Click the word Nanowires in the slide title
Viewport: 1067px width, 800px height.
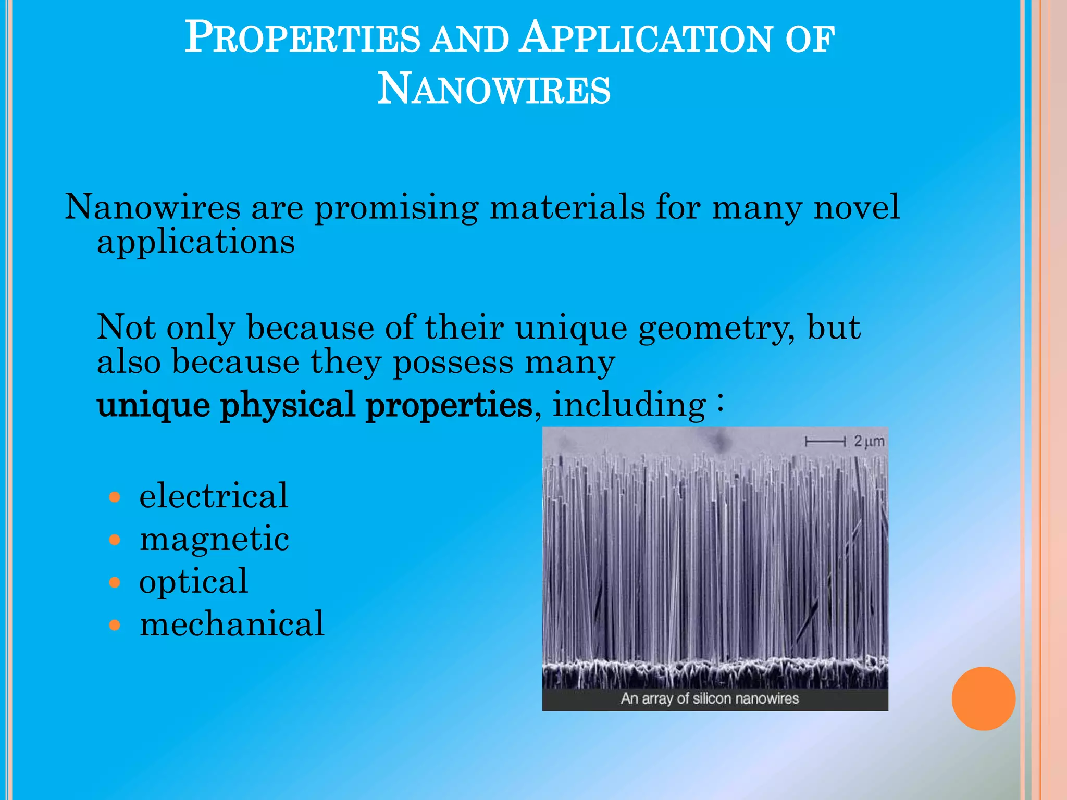[x=493, y=89]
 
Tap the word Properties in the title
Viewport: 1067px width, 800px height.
[x=302, y=37]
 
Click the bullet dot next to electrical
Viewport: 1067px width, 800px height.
[x=115, y=497]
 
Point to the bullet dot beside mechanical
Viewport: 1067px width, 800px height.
[x=115, y=625]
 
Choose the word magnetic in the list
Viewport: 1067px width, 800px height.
[x=214, y=540]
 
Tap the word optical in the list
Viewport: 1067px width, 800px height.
[x=193, y=582]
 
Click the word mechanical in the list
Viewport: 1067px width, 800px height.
[x=232, y=624]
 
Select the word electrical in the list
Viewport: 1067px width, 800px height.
[x=214, y=496]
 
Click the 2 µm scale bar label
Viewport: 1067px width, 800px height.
[x=869, y=442]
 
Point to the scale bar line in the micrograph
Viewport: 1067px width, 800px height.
[x=825, y=442]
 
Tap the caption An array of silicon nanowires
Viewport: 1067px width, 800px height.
[x=710, y=698]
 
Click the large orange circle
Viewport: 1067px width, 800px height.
[x=983, y=698]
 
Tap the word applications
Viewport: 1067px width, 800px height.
[x=196, y=243]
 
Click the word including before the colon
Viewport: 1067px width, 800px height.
[x=629, y=405]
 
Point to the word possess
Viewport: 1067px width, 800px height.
[x=452, y=363]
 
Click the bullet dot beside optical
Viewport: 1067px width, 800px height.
[x=115, y=582]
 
